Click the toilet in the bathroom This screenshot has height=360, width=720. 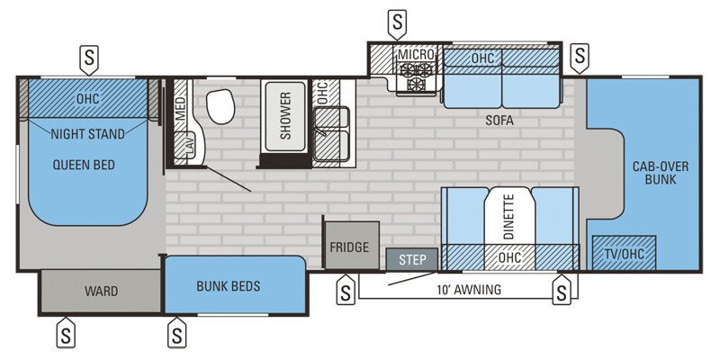[x=220, y=109]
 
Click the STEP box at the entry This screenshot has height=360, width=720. [x=411, y=259]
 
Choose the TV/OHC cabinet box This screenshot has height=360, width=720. [x=624, y=254]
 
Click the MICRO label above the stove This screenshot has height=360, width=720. [x=417, y=56]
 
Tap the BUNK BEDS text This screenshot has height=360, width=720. [x=229, y=286]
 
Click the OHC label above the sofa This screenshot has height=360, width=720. [x=482, y=57]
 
